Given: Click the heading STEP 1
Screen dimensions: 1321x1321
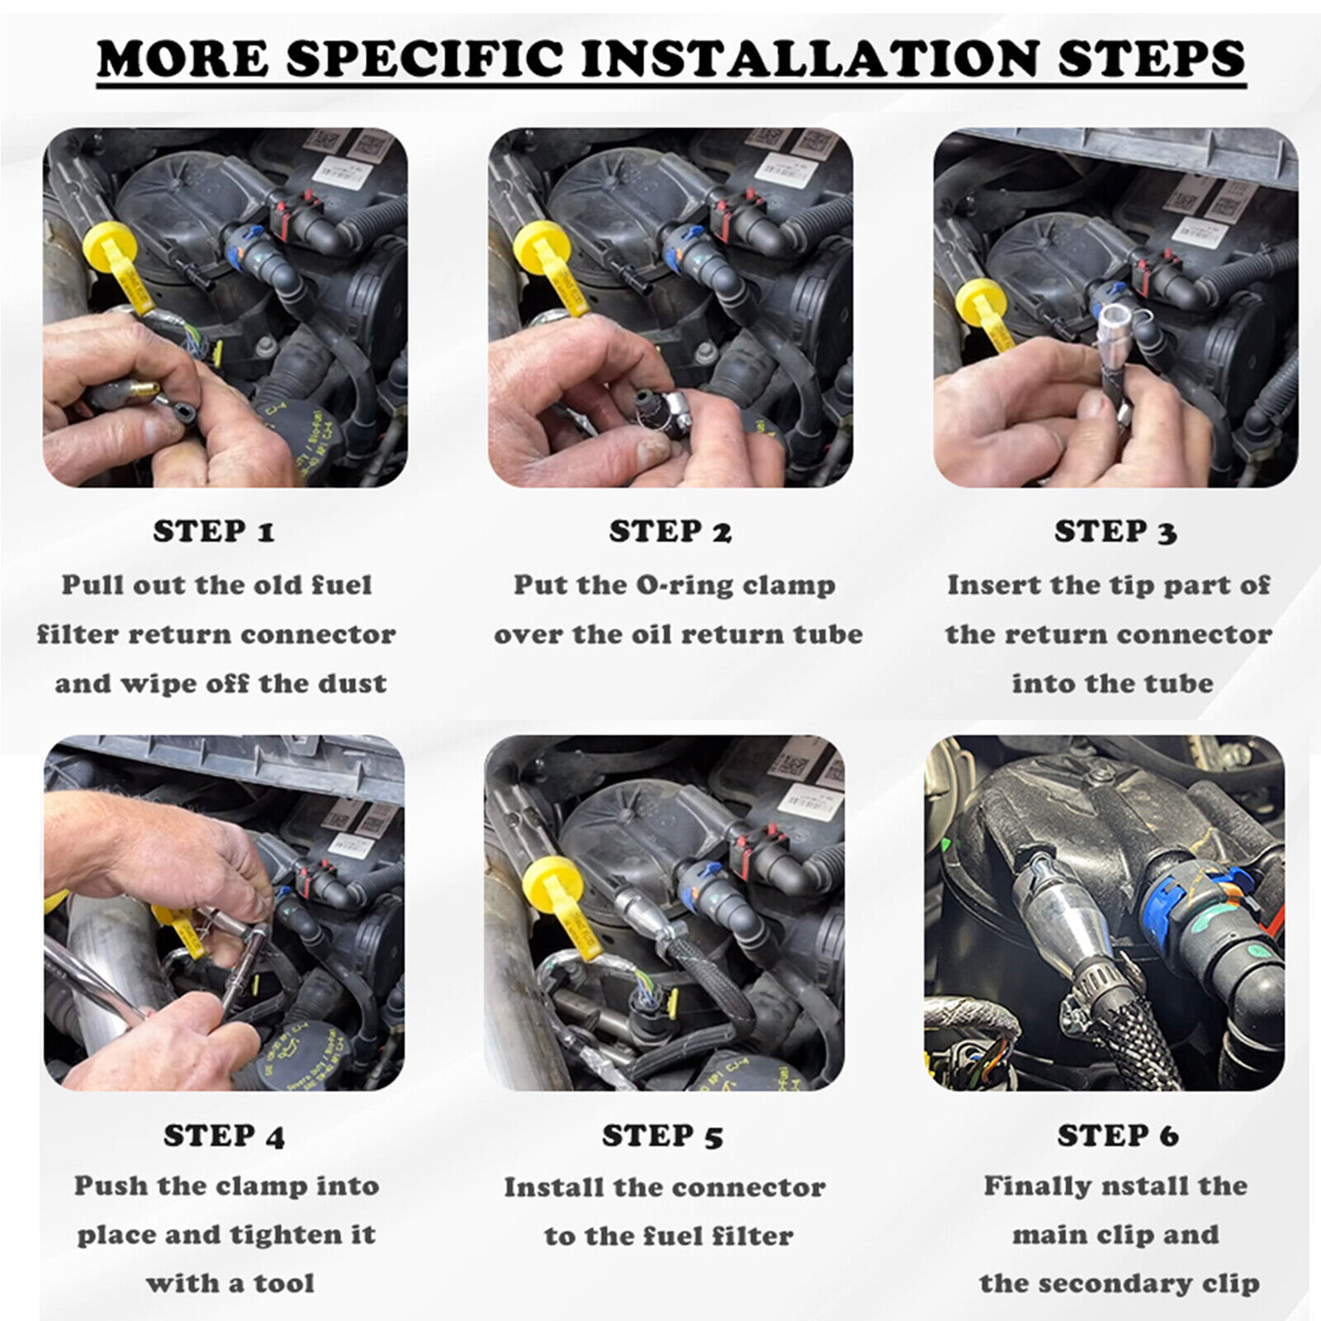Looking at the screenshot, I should tap(213, 532).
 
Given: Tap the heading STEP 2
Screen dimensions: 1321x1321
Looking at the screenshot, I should tap(670, 532).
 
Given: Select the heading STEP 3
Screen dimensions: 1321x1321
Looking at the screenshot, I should tap(1115, 532).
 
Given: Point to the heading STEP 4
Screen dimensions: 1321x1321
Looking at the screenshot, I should tap(224, 1136).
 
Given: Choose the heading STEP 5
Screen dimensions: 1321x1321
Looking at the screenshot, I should tap(662, 1136).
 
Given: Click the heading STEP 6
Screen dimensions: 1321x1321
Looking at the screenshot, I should tap(1117, 1136).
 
